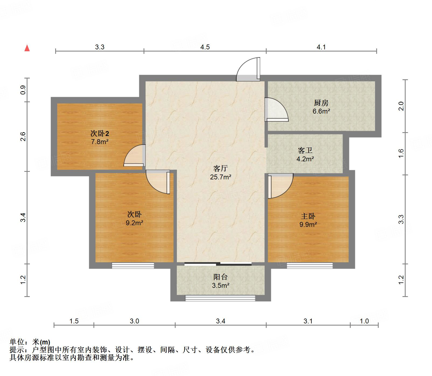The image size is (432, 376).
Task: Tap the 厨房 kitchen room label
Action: point(321,103)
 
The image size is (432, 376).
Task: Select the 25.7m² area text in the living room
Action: point(221,177)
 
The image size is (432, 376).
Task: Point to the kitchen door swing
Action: point(275,109)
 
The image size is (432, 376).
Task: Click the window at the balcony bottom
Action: point(220,298)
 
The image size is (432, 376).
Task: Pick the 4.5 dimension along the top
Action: point(205,47)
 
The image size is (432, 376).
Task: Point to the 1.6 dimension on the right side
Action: point(401,153)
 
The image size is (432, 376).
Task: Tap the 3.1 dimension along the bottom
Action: point(308,321)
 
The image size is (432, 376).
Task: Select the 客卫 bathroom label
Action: point(305,150)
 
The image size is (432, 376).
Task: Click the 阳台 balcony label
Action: point(220,277)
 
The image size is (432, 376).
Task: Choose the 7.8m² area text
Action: point(100,142)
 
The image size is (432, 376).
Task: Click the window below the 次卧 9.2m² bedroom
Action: point(133,266)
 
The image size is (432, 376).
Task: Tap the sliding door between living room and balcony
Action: point(218,264)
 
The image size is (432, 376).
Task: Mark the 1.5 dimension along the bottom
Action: point(74,321)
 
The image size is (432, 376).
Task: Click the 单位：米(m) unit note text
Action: point(30,342)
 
